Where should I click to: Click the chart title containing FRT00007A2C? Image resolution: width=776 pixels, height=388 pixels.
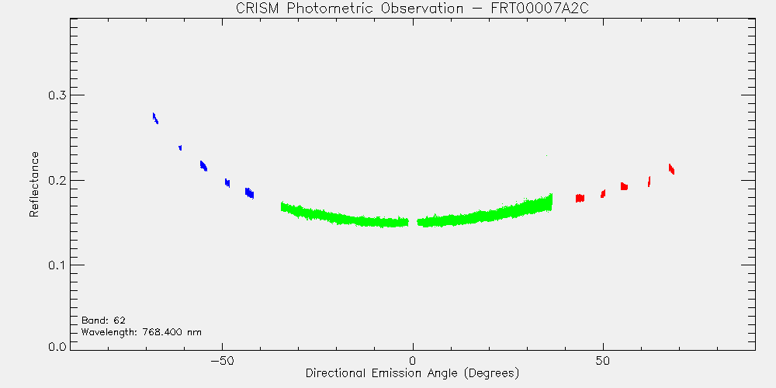click(412, 9)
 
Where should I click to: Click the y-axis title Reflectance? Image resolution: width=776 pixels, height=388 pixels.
click(33, 184)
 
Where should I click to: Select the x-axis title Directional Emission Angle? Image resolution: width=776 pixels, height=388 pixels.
click(412, 372)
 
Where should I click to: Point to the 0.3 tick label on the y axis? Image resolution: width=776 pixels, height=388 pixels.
click(57, 95)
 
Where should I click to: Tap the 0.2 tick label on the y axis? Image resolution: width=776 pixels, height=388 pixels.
click(57, 180)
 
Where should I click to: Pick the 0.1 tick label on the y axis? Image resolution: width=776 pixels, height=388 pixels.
click(57, 265)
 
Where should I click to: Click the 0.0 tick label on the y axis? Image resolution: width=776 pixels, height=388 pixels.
click(57, 346)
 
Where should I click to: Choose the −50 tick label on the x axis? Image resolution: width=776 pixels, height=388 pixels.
click(222, 361)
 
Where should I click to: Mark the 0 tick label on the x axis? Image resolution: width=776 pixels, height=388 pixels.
click(413, 361)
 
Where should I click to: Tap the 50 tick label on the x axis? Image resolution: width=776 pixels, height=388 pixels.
click(603, 361)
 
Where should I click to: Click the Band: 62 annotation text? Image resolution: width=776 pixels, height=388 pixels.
click(103, 320)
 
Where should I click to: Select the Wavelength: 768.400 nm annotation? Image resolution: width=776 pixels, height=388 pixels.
click(141, 332)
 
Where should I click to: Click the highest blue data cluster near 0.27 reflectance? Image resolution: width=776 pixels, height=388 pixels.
click(155, 118)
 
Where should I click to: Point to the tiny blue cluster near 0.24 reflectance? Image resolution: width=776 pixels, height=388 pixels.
click(180, 147)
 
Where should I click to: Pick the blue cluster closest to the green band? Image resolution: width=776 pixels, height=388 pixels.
click(249, 193)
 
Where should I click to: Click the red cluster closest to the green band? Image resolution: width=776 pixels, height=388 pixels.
click(580, 198)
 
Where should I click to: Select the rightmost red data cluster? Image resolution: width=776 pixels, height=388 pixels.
click(671, 169)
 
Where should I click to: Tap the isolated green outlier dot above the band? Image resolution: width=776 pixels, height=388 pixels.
click(546, 155)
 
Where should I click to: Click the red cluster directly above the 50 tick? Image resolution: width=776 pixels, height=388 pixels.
click(603, 193)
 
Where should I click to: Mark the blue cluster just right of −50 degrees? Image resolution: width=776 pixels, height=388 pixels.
click(227, 182)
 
